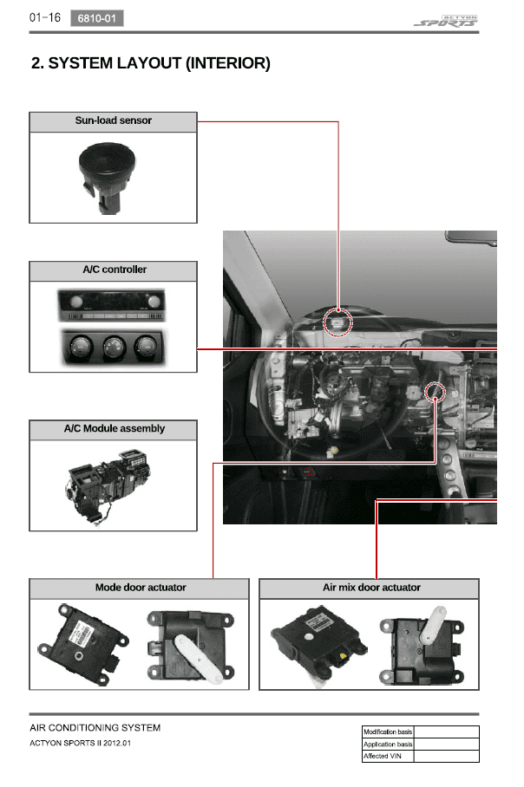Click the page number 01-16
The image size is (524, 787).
point(45,17)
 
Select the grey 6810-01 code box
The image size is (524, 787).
point(97,18)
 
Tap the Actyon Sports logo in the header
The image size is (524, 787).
point(446,21)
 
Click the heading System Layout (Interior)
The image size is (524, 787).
point(151,63)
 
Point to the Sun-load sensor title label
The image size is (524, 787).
point(113,120)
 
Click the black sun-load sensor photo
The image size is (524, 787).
point(107,178)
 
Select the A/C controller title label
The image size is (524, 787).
point(115,270)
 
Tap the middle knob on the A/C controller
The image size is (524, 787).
point(114,347)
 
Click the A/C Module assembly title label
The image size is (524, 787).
point(114,429)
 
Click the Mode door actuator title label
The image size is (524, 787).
point(141,588)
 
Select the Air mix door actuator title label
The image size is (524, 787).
point(372,588)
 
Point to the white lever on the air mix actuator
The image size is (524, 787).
point(433,624)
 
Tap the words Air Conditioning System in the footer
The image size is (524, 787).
point(95,728)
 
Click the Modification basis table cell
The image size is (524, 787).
point(387,732)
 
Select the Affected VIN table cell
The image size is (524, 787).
point(387,756)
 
